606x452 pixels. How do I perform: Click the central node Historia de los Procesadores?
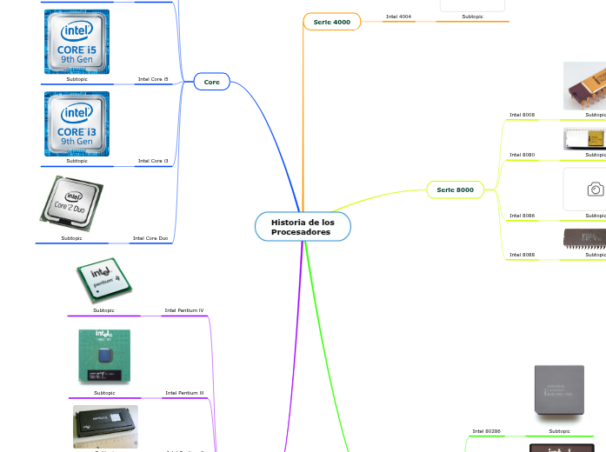tap(303, 227)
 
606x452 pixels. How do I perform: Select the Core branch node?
tap(211, 82)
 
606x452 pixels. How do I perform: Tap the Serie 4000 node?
tap(331, 22)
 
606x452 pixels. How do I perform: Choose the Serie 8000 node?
tap(455, 189)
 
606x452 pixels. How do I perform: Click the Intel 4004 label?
tap(398, 17)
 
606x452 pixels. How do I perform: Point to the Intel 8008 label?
tap(522, 114)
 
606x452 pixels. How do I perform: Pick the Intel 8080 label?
tap(522, 155)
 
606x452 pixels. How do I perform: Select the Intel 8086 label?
tap(522, 215)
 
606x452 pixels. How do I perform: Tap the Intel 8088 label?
tap(522, 255)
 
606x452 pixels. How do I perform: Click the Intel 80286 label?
tap(486, 430)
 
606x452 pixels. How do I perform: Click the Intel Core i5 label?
tap(153, 79)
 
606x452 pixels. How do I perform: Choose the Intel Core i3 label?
tap(153, 161)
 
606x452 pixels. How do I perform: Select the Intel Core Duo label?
tap(150, 237)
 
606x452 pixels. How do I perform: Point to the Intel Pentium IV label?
tap(184, 310)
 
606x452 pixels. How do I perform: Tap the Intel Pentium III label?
tap(184, 393)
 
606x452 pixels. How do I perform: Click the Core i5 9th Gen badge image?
tap(77, 42)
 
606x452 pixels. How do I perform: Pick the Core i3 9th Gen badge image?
tap(77, 123)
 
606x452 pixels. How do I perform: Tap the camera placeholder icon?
tap(595, 189)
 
